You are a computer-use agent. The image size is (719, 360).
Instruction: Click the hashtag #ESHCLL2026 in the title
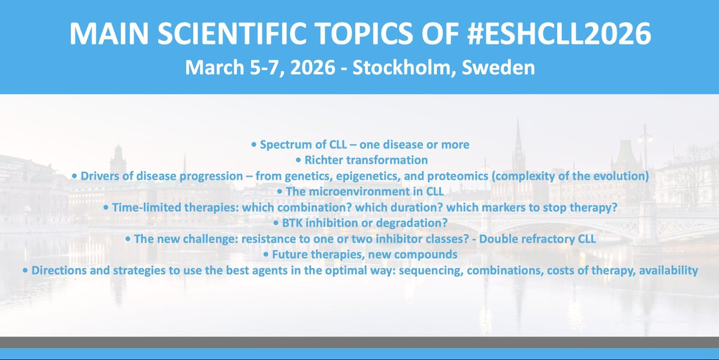(x=559, y=34)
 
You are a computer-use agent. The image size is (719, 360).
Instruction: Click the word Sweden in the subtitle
(x=498, y=67)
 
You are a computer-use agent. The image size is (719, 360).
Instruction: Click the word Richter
(x=324, y=160)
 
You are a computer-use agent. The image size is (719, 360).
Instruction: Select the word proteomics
(x=458, y=177)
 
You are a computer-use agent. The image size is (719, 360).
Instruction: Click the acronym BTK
(x=292, y=223)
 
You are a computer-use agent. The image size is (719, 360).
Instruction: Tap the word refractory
(x=545, y=240)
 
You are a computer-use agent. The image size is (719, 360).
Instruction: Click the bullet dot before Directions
(x=25, y=271)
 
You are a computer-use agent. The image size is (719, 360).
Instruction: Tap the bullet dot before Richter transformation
(x=298, y=160)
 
